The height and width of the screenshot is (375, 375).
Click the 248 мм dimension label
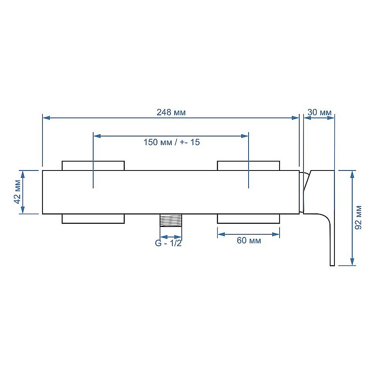coord(171,112)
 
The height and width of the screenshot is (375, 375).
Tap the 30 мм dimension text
coord(319,112)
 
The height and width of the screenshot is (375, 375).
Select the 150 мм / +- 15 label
coord(172,142)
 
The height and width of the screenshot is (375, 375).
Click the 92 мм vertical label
coord(358,217)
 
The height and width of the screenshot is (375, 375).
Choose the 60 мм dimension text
coord(249,240)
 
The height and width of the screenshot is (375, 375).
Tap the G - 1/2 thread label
coord(169,243)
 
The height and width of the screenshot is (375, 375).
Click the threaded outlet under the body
coord(171,220)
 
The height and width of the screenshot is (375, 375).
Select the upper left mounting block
coord(93,166)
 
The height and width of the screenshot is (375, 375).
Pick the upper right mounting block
coord(249,166)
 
